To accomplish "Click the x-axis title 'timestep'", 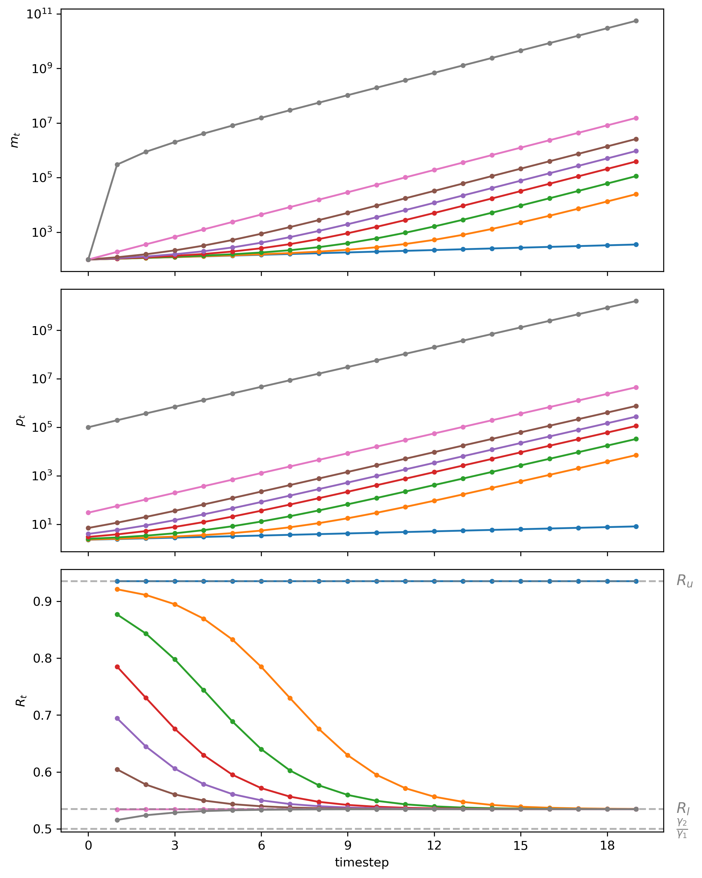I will point(362,862).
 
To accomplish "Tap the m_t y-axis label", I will point(15,141).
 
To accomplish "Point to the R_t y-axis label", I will point(20,700).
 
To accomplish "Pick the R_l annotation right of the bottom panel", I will point(683,808).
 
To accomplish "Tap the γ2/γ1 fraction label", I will point(682,828).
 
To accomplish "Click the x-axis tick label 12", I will point(434,846).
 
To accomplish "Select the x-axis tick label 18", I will point(607,846).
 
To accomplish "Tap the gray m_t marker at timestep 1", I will point(117,165).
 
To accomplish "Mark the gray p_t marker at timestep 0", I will point(88,427).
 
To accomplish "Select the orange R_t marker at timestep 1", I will point(117,589).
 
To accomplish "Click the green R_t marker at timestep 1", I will point(117,614).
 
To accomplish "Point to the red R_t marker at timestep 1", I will point(117,667).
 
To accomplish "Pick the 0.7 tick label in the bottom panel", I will point(42,715).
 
